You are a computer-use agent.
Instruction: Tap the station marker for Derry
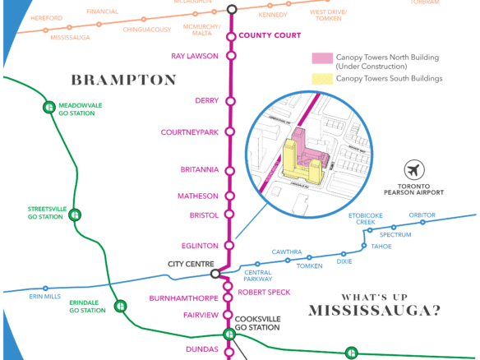[x=231, y=101]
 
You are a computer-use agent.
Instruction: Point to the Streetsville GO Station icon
[x=75, y=215]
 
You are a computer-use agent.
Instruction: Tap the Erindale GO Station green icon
[x=120, y=306]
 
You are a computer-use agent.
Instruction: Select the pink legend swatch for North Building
[x=322, y=58]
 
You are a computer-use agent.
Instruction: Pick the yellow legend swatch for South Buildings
[x=322, y=79]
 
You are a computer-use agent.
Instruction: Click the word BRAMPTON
[x=123, y=81]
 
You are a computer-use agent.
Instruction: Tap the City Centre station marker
[x=215, y=275]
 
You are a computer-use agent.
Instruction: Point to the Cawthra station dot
[x=288, y=261]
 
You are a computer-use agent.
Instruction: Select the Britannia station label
[x=199, y=169]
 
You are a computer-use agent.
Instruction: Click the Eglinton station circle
[x=231, y=246]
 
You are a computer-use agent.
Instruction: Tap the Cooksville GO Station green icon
[x=229, y=334]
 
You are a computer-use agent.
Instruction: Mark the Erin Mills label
[x=45, y=296]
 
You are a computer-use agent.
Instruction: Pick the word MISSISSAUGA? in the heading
[x=374, y=310]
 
